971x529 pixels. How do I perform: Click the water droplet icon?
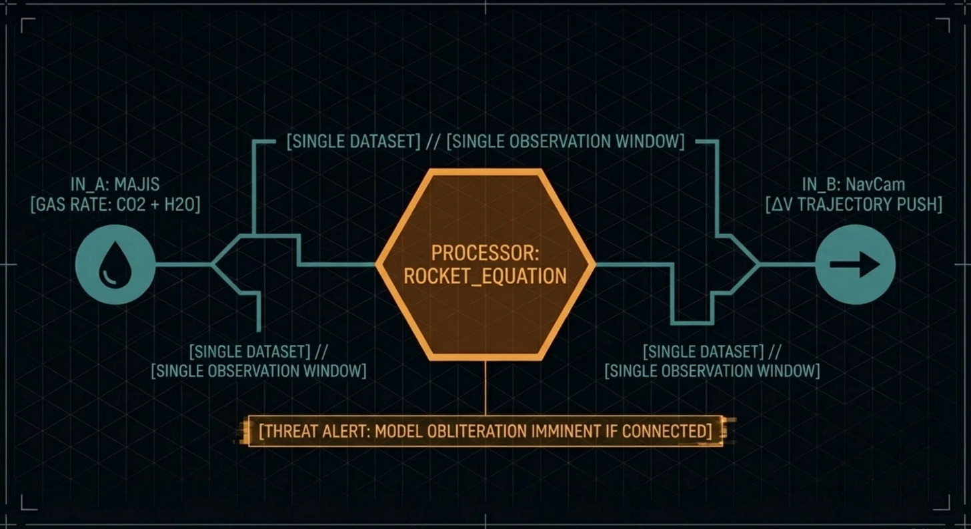115,264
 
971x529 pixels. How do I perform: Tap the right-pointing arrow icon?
855,264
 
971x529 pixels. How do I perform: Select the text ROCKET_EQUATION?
485,276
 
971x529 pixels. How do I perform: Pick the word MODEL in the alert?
397,431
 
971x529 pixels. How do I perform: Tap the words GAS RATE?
65,205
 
